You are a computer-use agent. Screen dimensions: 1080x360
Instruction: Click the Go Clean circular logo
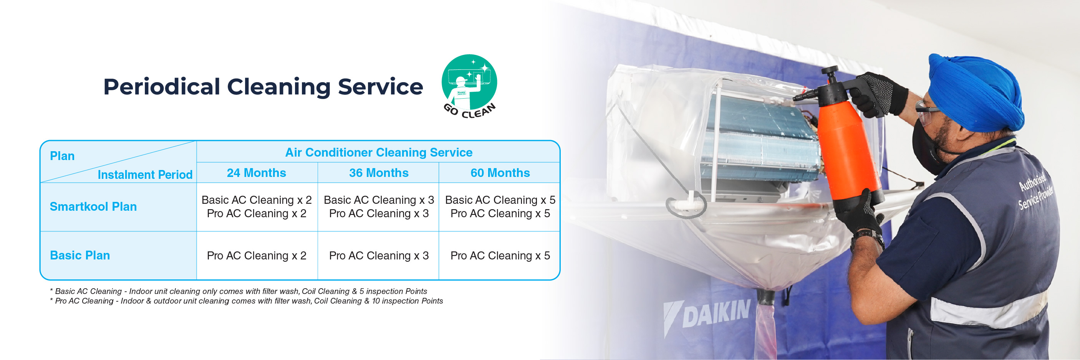click(x=469, y=86)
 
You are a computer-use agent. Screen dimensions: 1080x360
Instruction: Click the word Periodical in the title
click(x=162, y=87)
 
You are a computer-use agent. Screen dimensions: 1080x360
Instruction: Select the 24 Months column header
click(x=257, y=173)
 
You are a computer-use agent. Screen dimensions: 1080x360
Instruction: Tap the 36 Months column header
click(x=379, y=173)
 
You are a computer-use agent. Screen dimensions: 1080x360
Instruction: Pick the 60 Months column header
click(x=500, y=173)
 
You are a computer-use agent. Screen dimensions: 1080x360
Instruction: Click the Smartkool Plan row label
click(x=93, y=206)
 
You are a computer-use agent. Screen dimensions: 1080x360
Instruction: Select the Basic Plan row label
click(x=80, y=255)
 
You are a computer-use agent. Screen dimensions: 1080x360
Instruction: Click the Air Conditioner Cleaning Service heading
click(x=379, y=152)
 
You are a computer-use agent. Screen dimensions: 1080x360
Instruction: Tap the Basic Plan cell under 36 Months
click(x=379, y=256)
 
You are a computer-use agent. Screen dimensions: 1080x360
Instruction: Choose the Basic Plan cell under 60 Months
click(x=500, y=256)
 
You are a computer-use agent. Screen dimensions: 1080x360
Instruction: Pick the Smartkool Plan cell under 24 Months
click(x=257, y=206)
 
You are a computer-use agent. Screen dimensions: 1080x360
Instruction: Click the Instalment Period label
click(x=145, y=175)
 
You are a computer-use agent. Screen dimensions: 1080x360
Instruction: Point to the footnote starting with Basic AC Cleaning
click(x=238, y=291)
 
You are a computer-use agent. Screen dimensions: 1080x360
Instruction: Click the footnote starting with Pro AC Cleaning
click(x=246, y=301)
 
